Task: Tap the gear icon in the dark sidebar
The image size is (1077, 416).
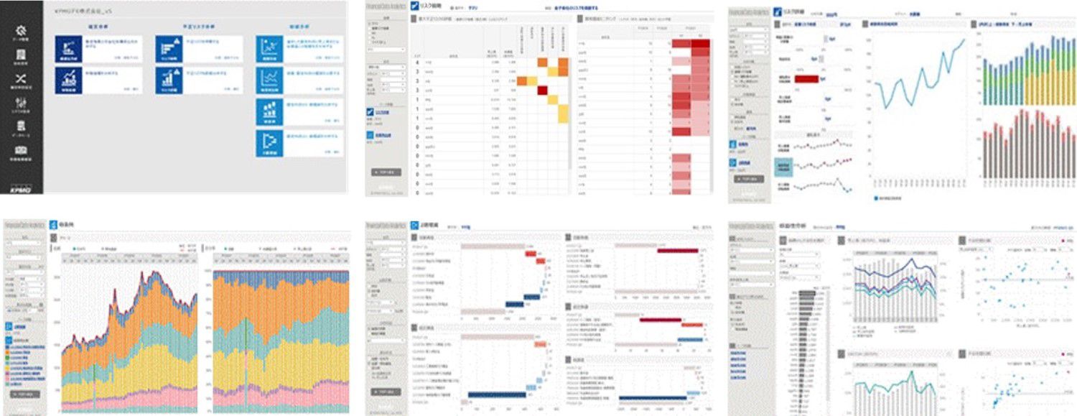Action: point(21,32)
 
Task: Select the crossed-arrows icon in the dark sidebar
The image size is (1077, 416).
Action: point(21,79)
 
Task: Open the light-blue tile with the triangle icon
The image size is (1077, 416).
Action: point(270,141)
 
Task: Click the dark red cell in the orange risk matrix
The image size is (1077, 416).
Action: point(543,89)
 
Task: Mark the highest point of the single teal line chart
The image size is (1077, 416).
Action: point(963,41)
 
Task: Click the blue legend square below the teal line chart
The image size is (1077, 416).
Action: point(877,198)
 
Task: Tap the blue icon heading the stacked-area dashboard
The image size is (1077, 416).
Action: point(54,225)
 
